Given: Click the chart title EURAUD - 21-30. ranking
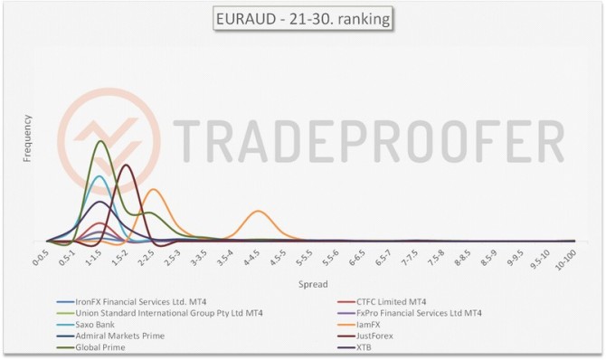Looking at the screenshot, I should point(301,17).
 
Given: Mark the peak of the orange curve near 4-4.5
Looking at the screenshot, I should point(260,211).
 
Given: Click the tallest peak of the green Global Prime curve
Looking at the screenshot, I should point(100,141).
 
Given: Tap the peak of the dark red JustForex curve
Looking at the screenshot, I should point(126,165).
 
